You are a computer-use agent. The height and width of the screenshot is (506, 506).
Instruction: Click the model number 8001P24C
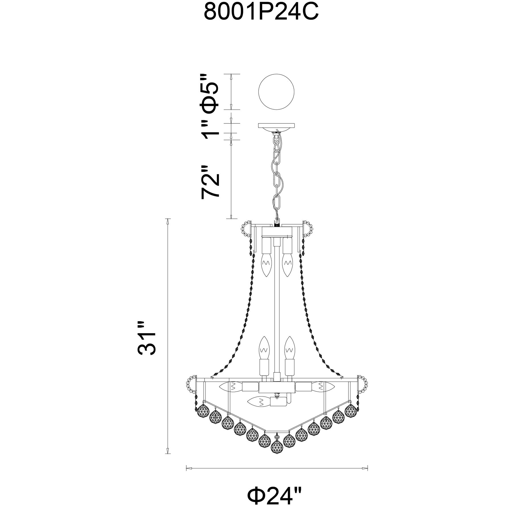point(261,12)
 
